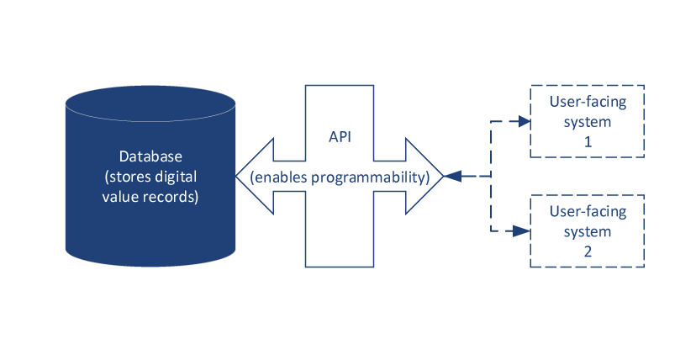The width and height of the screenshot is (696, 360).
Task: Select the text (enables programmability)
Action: pos(340,177)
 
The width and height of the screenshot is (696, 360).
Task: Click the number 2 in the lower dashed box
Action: pos(588,250)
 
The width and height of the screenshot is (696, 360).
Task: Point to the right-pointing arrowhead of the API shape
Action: pos(428,176)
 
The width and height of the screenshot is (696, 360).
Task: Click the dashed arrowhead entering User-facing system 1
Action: pos(524,121)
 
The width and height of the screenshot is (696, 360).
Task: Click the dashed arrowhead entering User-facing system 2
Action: pos(524,230)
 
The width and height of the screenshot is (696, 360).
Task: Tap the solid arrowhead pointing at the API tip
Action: pos(452,176)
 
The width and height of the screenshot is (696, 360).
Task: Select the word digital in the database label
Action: pos(189,177)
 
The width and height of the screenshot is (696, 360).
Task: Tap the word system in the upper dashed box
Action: pos(588,122)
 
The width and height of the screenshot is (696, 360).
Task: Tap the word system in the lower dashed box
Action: pos(588,230)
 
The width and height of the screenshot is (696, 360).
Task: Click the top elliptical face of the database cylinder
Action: pos(150,103)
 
